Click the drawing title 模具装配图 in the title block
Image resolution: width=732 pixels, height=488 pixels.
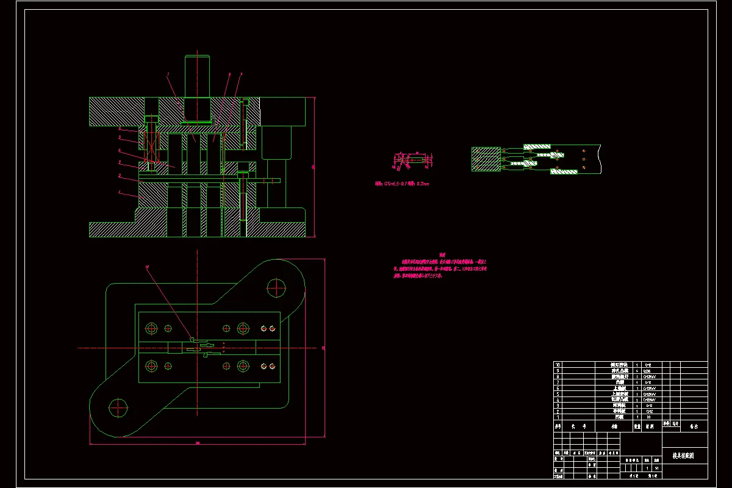pos(683,455)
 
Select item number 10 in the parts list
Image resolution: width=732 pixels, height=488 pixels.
pos(557,365)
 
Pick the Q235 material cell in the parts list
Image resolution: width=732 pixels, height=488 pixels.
pos(648,370)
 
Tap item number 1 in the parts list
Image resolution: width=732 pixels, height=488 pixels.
pos(557,417)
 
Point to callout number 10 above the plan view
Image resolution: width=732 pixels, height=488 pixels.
pos(147,267)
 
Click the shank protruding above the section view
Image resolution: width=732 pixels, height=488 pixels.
pos(198,76)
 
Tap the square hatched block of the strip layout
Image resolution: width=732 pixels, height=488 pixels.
pos(486,159)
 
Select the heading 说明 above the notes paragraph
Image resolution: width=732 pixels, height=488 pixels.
pos(443,255)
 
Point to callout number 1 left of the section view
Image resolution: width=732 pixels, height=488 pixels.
pos(120,194)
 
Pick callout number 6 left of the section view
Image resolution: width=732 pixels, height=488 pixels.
pos(120,150)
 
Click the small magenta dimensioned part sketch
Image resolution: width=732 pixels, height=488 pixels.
pos(412,160)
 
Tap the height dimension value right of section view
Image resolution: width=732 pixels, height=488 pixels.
pos(313,166)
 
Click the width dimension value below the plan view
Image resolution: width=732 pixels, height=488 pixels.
pos(198,443)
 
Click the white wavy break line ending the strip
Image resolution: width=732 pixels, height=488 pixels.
pos(600,159)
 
